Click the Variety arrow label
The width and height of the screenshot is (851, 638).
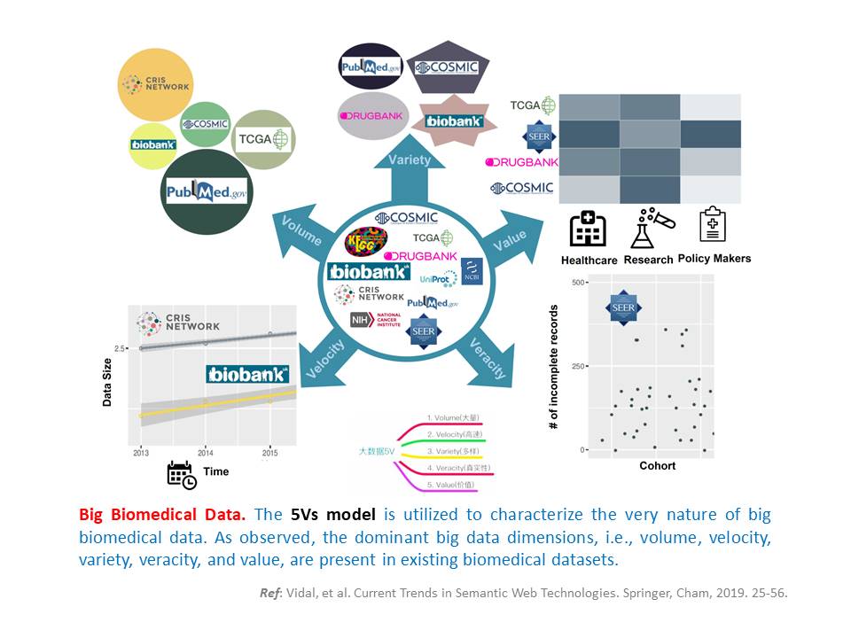[x=409, y=159]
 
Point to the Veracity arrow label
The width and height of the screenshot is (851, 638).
[x=488, y=357]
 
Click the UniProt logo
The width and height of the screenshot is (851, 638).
[x=439, y=278]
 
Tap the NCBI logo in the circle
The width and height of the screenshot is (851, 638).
[x=471, y=270]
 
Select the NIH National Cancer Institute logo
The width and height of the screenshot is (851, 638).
[x=377, y=319]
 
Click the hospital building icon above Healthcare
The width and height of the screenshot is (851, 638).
[x=588, y=229]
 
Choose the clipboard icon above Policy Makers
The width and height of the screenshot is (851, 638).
[x=712, y=227]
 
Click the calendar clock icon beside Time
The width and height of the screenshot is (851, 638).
[x=182, y=474]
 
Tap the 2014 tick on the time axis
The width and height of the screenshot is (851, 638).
[x=205, y=452]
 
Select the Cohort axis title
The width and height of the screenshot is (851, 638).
[x=657, y=466]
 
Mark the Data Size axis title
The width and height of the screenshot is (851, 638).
[x=107, y=381]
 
